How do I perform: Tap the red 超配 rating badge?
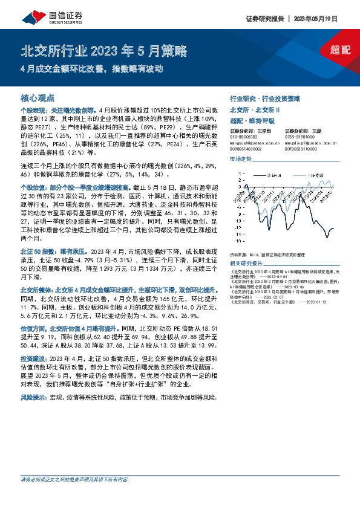341,51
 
